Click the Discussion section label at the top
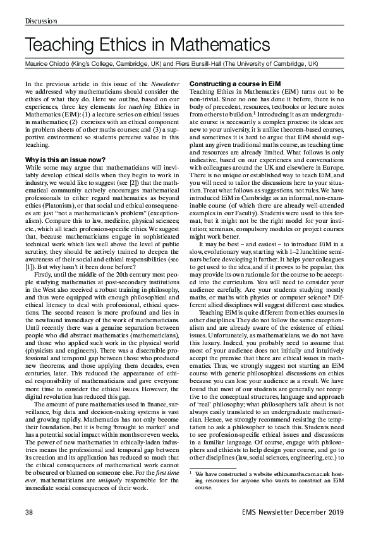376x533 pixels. tap(41, 22)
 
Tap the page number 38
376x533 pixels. tap(29, 512)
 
